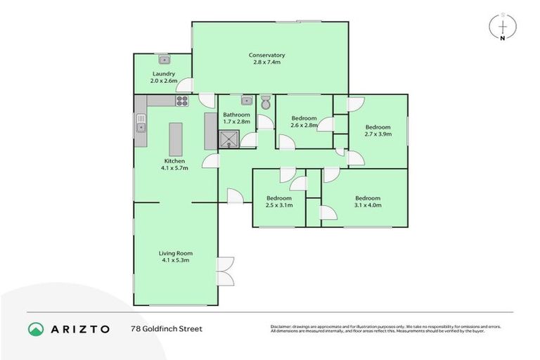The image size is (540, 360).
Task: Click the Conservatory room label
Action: [266, 55]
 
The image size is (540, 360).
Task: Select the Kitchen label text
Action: [174, 161]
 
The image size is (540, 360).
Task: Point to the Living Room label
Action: [175, 253]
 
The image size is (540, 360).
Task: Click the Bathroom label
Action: [236, 115]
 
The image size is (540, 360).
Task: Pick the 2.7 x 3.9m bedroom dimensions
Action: [378, 134]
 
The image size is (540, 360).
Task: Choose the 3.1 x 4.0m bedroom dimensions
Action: [367, 205]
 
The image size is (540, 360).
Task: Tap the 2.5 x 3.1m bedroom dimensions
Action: [279, 205]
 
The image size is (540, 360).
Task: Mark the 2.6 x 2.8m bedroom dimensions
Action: [304, 125]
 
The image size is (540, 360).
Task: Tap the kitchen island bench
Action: [174, 135]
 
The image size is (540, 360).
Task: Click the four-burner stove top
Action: [181, 101]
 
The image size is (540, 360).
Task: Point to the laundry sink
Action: [164, 60]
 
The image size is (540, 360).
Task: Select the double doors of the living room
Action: [226, 271]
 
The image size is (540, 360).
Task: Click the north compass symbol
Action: [503, 27]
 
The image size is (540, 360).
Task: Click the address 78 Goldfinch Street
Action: [166, 328]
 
